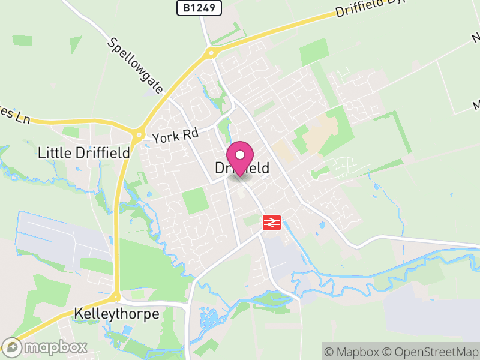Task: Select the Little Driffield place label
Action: tap(83, 152)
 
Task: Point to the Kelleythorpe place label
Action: tap(116, 314)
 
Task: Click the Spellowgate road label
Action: tap(136, 66)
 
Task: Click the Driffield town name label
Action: tap(242, 169)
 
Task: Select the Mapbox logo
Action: tap(45, 347)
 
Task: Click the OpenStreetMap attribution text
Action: tap(431, 351)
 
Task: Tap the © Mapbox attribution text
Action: tap(352, 351)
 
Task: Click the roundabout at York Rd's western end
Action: tap(139, 134)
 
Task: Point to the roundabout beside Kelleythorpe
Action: tap(115, 296)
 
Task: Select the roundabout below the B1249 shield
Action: tap(211, 53)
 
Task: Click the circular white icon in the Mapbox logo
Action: tap(11, 347)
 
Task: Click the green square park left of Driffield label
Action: tap(196, 200)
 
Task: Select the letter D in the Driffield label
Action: tap(220, 169)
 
